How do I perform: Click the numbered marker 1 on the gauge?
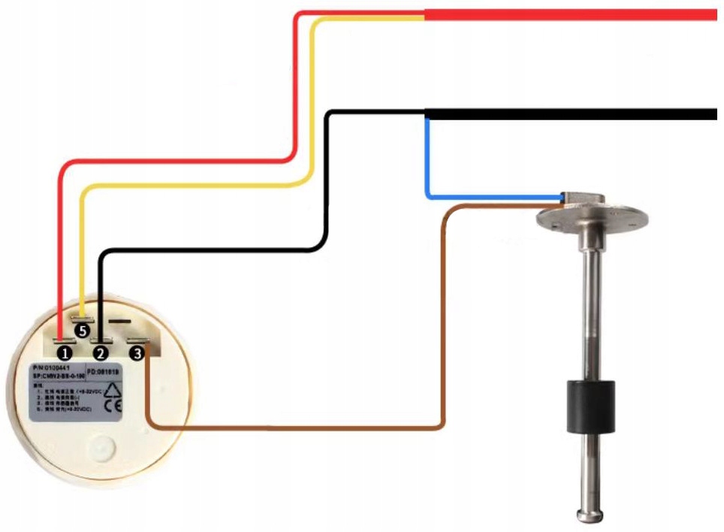click(x=66, y=352)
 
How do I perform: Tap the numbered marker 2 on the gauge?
click(x=101, y=352)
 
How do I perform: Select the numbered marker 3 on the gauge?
click(x=137, y=351)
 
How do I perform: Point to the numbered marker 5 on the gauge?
click(x=83, y=330)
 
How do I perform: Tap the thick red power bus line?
click(x=571, y=14)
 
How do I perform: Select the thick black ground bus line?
click(x=571, y=114)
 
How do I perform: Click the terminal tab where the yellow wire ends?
click(x=82, y=319)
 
